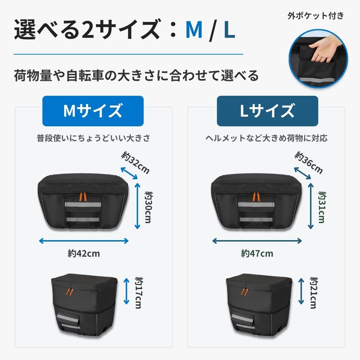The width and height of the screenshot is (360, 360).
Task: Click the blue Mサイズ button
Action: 93,111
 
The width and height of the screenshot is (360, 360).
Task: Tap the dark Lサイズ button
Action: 267,111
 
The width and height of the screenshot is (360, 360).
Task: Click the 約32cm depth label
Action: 135,162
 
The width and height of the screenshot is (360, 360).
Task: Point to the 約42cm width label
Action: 84,253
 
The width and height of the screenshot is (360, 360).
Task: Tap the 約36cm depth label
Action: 309,162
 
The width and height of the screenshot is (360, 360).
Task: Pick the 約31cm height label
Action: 321,207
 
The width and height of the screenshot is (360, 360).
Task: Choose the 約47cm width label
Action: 257,253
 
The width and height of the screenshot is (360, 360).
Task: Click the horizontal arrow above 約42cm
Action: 84,240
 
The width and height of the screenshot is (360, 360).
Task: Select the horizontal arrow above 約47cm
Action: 257,240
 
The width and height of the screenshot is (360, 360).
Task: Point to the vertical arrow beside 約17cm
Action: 126,291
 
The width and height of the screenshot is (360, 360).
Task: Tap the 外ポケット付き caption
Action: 316,16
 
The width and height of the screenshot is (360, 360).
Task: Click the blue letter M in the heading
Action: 194,30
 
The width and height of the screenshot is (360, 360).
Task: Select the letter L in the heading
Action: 229,30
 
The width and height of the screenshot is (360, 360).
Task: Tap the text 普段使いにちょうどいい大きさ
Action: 93,138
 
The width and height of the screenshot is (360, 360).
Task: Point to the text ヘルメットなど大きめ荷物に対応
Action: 267,138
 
